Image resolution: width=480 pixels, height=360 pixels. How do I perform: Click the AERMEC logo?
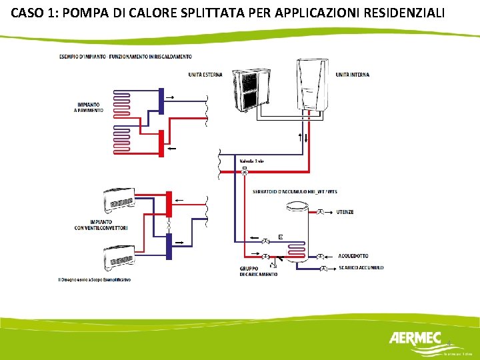pos(415,339)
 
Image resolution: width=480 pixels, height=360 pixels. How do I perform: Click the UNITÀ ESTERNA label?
pos(205,75)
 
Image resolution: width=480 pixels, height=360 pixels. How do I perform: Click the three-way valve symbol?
pos(244,172)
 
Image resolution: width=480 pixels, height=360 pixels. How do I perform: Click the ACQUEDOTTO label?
pos(353,256)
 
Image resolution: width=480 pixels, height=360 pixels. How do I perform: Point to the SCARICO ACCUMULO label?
pos(361,268)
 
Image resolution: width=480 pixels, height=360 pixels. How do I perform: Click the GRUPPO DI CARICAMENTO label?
pos(259,271)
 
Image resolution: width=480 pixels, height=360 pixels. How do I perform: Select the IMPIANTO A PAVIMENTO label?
pos(90,107)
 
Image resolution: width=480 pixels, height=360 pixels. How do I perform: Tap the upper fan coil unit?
pos(119,201)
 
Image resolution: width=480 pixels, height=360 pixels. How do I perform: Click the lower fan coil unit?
pos(119,256)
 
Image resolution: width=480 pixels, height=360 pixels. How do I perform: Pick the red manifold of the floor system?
pos(161,143)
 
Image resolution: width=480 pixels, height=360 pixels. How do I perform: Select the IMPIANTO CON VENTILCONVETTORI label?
pos(101,225)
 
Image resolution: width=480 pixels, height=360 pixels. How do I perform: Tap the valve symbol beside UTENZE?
pos(321,212)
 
